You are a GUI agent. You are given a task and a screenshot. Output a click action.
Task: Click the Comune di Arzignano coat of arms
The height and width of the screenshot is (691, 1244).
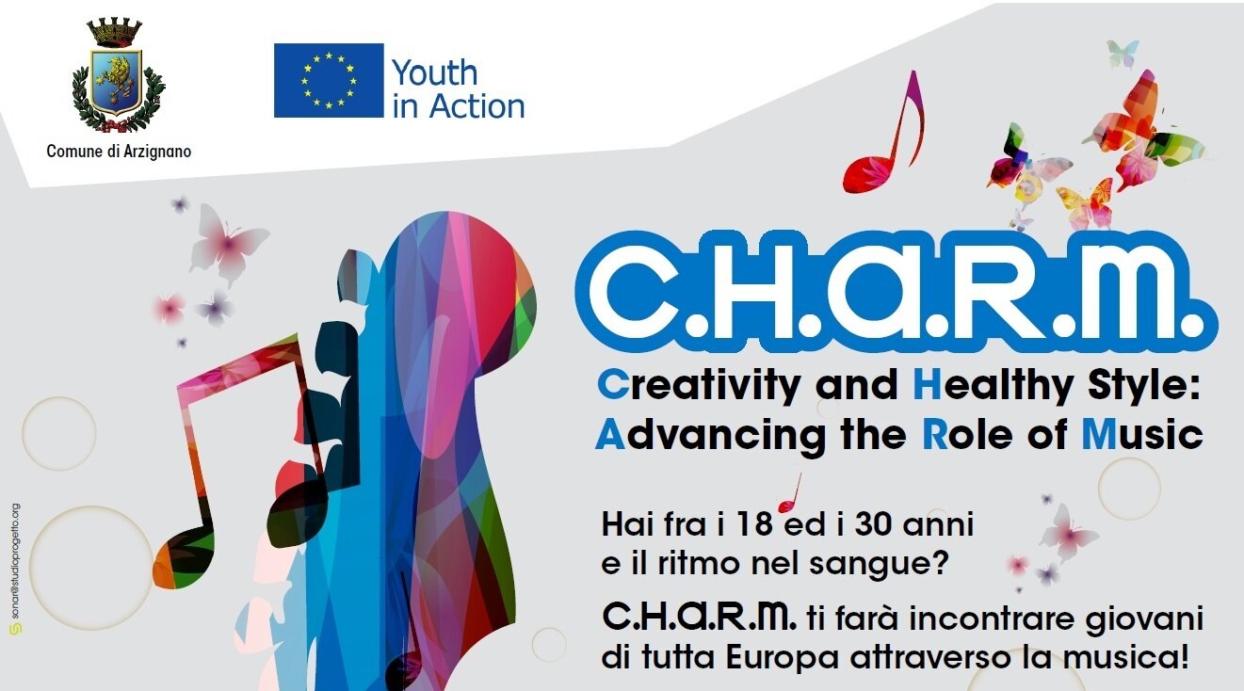click(119, 75)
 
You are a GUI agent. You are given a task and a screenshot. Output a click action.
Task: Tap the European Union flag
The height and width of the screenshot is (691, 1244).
click(329, 80)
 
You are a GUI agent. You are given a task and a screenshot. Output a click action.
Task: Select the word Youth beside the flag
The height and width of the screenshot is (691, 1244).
click(434, 72)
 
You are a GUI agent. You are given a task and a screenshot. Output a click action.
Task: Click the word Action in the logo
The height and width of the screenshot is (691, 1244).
click(477, 106)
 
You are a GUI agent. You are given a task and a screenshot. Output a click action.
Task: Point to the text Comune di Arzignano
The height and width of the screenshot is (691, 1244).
click(119, 152)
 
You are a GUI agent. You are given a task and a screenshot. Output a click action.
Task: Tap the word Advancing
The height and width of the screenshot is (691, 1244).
click(711, 436)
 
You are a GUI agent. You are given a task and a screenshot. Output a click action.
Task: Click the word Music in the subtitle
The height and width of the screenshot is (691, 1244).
click(1142, 435)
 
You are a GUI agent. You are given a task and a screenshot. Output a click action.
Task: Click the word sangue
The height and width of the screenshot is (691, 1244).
click(877, 566)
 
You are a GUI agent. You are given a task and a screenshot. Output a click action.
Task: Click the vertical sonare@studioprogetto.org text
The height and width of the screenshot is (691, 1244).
click(16, 565)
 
